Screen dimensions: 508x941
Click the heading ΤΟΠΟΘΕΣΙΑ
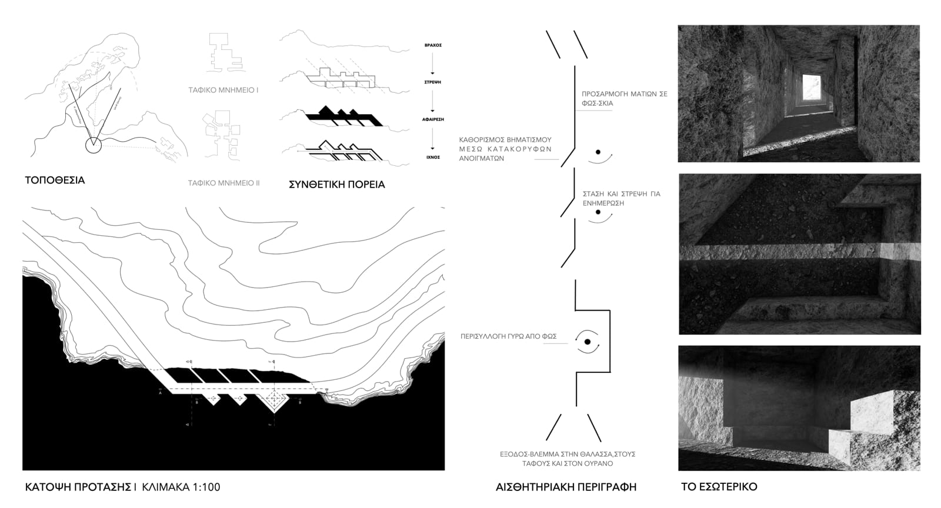(55, 180)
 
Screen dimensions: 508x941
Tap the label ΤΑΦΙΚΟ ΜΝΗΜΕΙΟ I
(223, 91)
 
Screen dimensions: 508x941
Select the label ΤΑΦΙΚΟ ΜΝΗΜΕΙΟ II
(223, 183)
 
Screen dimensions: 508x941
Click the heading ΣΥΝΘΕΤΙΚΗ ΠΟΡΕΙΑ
(336, 184)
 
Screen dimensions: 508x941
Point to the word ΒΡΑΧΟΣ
(432, 45)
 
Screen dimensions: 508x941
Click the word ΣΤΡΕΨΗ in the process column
(432, 82)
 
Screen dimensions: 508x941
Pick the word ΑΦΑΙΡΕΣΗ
(432, 119)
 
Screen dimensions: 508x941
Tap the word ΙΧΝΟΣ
(432, 157)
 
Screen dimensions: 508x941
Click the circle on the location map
(93, 145)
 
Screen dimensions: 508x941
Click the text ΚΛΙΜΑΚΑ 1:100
(181, 487)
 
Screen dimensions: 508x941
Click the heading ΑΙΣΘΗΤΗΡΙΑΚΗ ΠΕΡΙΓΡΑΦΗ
(566, 487)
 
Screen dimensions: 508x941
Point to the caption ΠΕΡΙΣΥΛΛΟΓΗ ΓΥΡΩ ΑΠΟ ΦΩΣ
(508, 337)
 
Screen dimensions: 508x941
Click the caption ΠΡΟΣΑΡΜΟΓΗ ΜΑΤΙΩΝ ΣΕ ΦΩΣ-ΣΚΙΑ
(624, 98)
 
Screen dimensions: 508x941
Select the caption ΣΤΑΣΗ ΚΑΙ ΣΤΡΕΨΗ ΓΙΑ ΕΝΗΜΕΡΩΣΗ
(621, 198)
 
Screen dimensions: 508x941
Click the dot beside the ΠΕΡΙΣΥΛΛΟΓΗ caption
(587, 342)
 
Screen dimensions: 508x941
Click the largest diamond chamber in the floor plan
(274, 400)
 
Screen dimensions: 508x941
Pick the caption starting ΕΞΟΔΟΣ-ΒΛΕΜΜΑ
(567, 459)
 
